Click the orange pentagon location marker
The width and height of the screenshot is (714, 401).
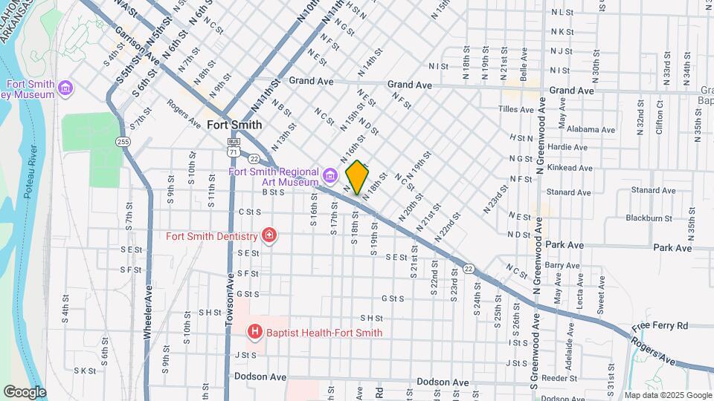[357, 177]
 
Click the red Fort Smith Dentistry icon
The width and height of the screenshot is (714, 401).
[268, 236]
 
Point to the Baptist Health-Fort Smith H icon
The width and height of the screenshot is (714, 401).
[255, 331]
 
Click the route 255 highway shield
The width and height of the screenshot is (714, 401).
[123, 141]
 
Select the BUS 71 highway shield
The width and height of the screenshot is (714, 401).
[233, 146]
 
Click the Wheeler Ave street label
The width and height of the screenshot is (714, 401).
[148, 313]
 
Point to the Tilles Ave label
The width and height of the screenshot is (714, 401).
[516, 109]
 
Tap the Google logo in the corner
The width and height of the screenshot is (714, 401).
[25, 391]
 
